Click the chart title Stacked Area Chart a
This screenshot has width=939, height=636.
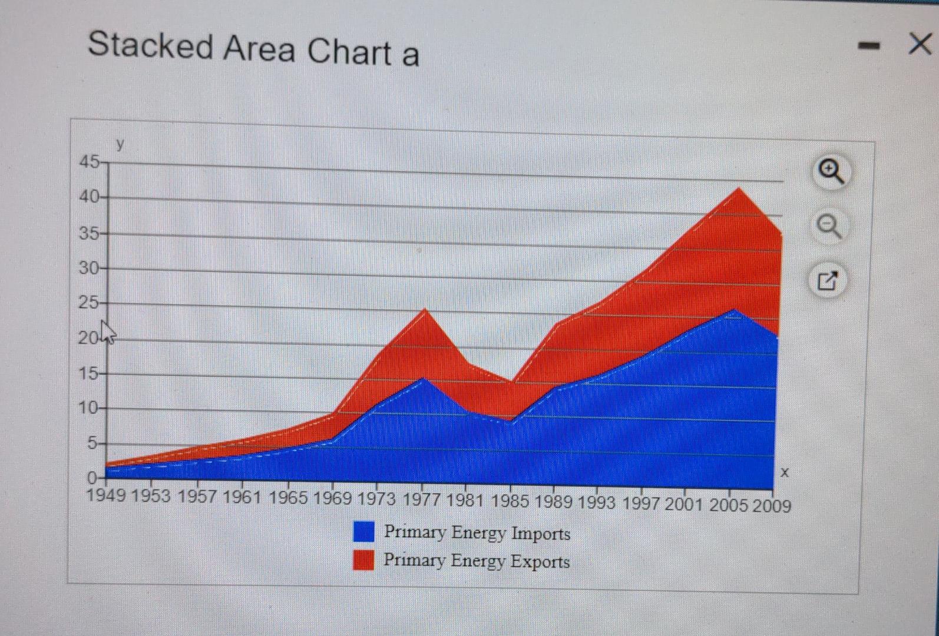pos(253,49)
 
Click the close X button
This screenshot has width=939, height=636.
pos(920,44)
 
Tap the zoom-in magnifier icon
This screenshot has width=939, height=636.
pos(831,171)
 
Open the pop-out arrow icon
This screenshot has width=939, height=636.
pos(828,280)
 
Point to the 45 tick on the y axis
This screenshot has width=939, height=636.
pos(90,161)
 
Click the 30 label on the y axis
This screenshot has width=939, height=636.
pos(90,269)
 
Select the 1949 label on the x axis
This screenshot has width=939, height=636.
pos(106,495)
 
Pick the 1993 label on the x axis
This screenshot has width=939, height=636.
pos(596,502)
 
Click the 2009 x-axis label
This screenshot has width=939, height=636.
pos(771,505)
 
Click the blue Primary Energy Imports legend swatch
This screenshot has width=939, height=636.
pos(363,531)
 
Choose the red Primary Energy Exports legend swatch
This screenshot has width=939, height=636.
pos(363,560)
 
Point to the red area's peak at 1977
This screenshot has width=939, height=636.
pos(425,310)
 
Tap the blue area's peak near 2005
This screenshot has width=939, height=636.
pos(734,310)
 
